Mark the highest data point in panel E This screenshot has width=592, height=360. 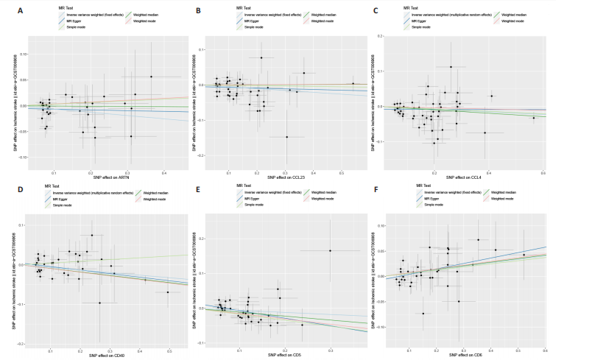(330, 251)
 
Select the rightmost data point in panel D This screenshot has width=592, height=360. (168, 292)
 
